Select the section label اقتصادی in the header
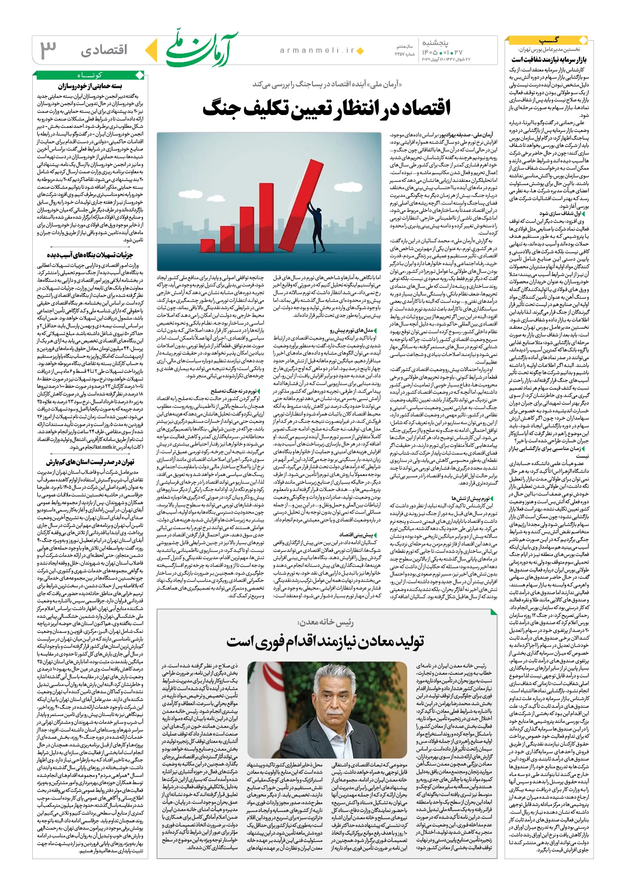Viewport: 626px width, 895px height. click(x=104, y=50)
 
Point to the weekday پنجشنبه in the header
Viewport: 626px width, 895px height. click(x=435, y=43)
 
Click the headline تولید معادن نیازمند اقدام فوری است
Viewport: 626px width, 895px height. click(x=325, y=641)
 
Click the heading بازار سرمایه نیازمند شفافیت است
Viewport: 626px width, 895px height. click(x=549, y=60)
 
